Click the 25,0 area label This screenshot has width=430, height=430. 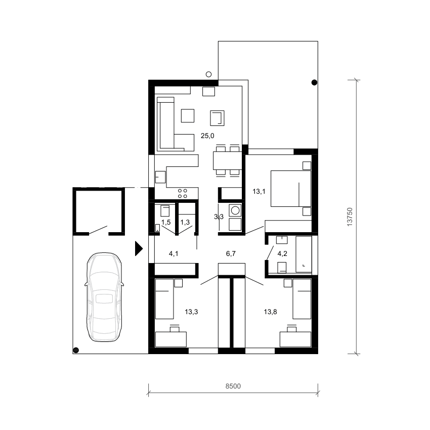207,136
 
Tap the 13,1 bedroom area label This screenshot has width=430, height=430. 259,191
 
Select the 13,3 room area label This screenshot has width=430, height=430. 191,312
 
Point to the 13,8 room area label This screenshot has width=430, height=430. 270,312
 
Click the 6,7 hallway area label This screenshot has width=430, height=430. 231,253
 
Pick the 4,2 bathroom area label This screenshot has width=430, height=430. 282,253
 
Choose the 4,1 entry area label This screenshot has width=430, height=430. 174,253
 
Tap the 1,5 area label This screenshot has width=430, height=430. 166,222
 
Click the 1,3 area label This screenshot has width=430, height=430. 185,222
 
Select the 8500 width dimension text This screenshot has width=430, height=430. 233,386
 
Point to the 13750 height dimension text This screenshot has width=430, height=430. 350,217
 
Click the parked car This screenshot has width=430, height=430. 104,297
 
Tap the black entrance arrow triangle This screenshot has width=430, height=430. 139,249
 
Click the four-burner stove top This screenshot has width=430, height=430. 182,193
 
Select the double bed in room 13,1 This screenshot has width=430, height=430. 291,189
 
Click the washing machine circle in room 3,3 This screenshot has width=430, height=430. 235,210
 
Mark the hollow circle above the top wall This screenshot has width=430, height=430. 209,74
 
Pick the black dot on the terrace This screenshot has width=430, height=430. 314,82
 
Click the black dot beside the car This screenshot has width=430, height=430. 76,350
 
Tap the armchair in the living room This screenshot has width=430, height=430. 217,118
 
